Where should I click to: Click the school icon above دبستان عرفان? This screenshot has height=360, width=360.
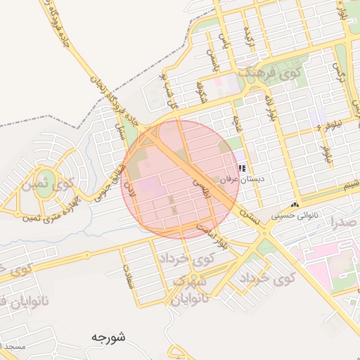tap(242, 169)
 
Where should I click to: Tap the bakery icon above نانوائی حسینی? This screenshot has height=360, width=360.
tap(295, 204)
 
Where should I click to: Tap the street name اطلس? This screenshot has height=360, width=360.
tap(200, 187)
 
